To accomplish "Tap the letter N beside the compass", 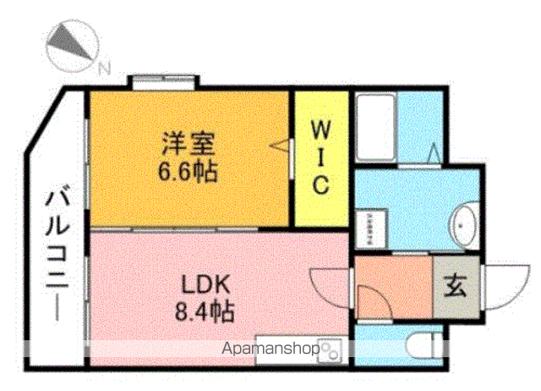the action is point(104,68).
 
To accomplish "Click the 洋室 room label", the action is point(189,143).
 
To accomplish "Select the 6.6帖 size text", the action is point(188,171).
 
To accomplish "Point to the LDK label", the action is point(205,284).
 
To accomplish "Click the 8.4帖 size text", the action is point(205,311).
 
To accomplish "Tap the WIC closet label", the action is point(321,157).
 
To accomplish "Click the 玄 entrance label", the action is point(455,286).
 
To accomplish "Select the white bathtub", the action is point(375,128).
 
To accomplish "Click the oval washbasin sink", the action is point(464,225).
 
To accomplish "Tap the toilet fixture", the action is point(424,345).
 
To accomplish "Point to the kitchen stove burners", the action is point(330,351).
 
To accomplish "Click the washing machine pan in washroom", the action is point(372,229).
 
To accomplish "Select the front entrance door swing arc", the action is point(507,287).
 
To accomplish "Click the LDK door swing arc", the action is point(330,289).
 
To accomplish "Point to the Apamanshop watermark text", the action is point(270,349).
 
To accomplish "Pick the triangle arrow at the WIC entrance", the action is point(279,146).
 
